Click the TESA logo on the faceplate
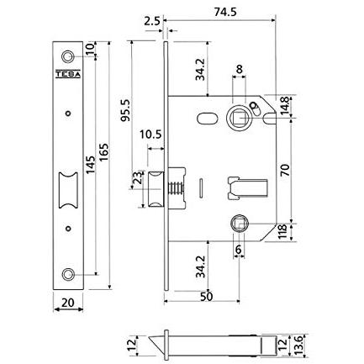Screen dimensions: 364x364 (x=68, y=73)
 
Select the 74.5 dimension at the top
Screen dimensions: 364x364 (x=225, y=12)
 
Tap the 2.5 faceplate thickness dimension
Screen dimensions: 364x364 (x=152, y=22)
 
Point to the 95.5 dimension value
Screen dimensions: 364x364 (x=125, y=110)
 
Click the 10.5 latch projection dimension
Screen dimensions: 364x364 (x=150, y=135)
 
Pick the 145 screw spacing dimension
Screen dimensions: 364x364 (x=90, y=165)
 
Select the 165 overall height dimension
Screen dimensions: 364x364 (x=103, y=152)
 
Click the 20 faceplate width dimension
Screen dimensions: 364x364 (x=68, y=303)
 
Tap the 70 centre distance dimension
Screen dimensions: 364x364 (x=285, y=171)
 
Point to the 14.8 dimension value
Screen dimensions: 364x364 (x=285, y=106)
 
